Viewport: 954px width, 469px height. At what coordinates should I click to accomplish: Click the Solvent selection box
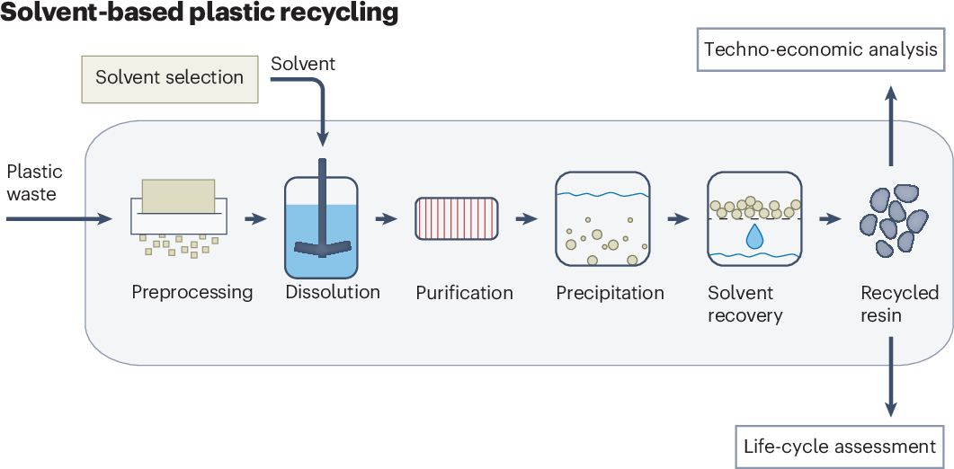(x=170, y=77)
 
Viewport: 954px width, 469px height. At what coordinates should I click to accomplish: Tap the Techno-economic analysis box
(x=821, y=49)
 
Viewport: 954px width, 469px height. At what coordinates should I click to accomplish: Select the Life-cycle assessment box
(x=840, y=446)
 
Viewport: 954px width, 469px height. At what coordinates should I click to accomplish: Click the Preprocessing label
(x=192, y=293)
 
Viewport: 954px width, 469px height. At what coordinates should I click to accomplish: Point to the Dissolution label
(x=333, y=292)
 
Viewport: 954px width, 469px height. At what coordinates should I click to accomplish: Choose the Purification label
(x=464, y=293)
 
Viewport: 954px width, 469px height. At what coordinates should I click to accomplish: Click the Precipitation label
(x=610, y=293)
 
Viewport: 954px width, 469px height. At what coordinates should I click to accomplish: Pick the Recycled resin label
(x=899, y=304)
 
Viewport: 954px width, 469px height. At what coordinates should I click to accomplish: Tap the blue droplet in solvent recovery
(x=753, y=235)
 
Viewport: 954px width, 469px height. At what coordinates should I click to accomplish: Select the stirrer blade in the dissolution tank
(x=322, y=242)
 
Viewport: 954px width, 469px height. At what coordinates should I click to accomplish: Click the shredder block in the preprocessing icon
(x=177, y=195)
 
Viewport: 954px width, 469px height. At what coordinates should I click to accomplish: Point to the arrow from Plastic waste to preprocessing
(x=58, y=218)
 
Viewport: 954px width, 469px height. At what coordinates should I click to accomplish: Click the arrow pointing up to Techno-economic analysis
(x=890, y=125)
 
